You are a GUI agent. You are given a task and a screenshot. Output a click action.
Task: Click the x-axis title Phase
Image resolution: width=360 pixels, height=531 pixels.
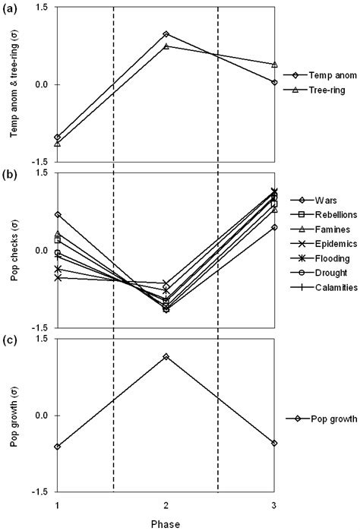166,523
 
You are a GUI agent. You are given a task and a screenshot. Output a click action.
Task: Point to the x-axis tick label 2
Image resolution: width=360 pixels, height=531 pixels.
166,506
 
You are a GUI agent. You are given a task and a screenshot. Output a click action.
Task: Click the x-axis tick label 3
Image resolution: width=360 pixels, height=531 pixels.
274,506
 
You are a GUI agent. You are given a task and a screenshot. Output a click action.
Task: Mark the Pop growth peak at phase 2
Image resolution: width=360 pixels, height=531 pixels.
166,356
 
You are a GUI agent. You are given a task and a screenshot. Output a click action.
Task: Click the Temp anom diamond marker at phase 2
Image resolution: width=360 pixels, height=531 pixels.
166,34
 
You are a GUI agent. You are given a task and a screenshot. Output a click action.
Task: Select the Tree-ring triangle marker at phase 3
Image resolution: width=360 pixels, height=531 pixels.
274,65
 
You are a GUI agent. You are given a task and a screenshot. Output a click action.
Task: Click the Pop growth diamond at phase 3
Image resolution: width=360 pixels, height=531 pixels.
274,443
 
